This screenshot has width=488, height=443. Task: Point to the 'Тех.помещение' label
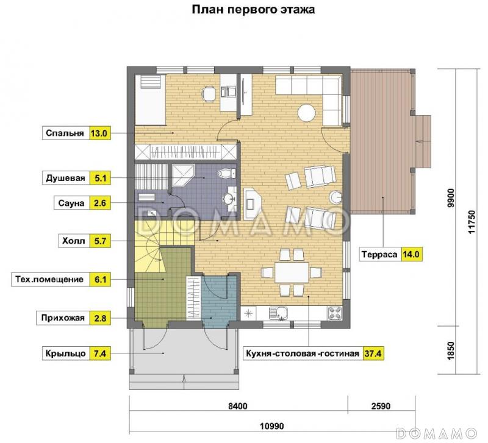click(x=49, y=280)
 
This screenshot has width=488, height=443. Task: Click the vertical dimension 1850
click(x=451, y=352)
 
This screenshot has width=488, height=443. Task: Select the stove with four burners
click(x=335, y=314)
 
